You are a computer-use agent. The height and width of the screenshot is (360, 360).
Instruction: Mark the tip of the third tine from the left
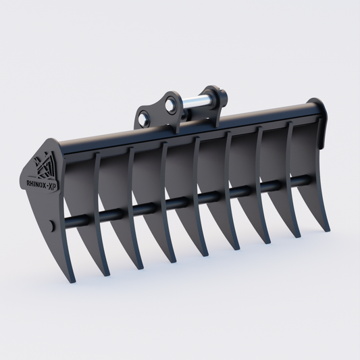click(140, 267)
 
